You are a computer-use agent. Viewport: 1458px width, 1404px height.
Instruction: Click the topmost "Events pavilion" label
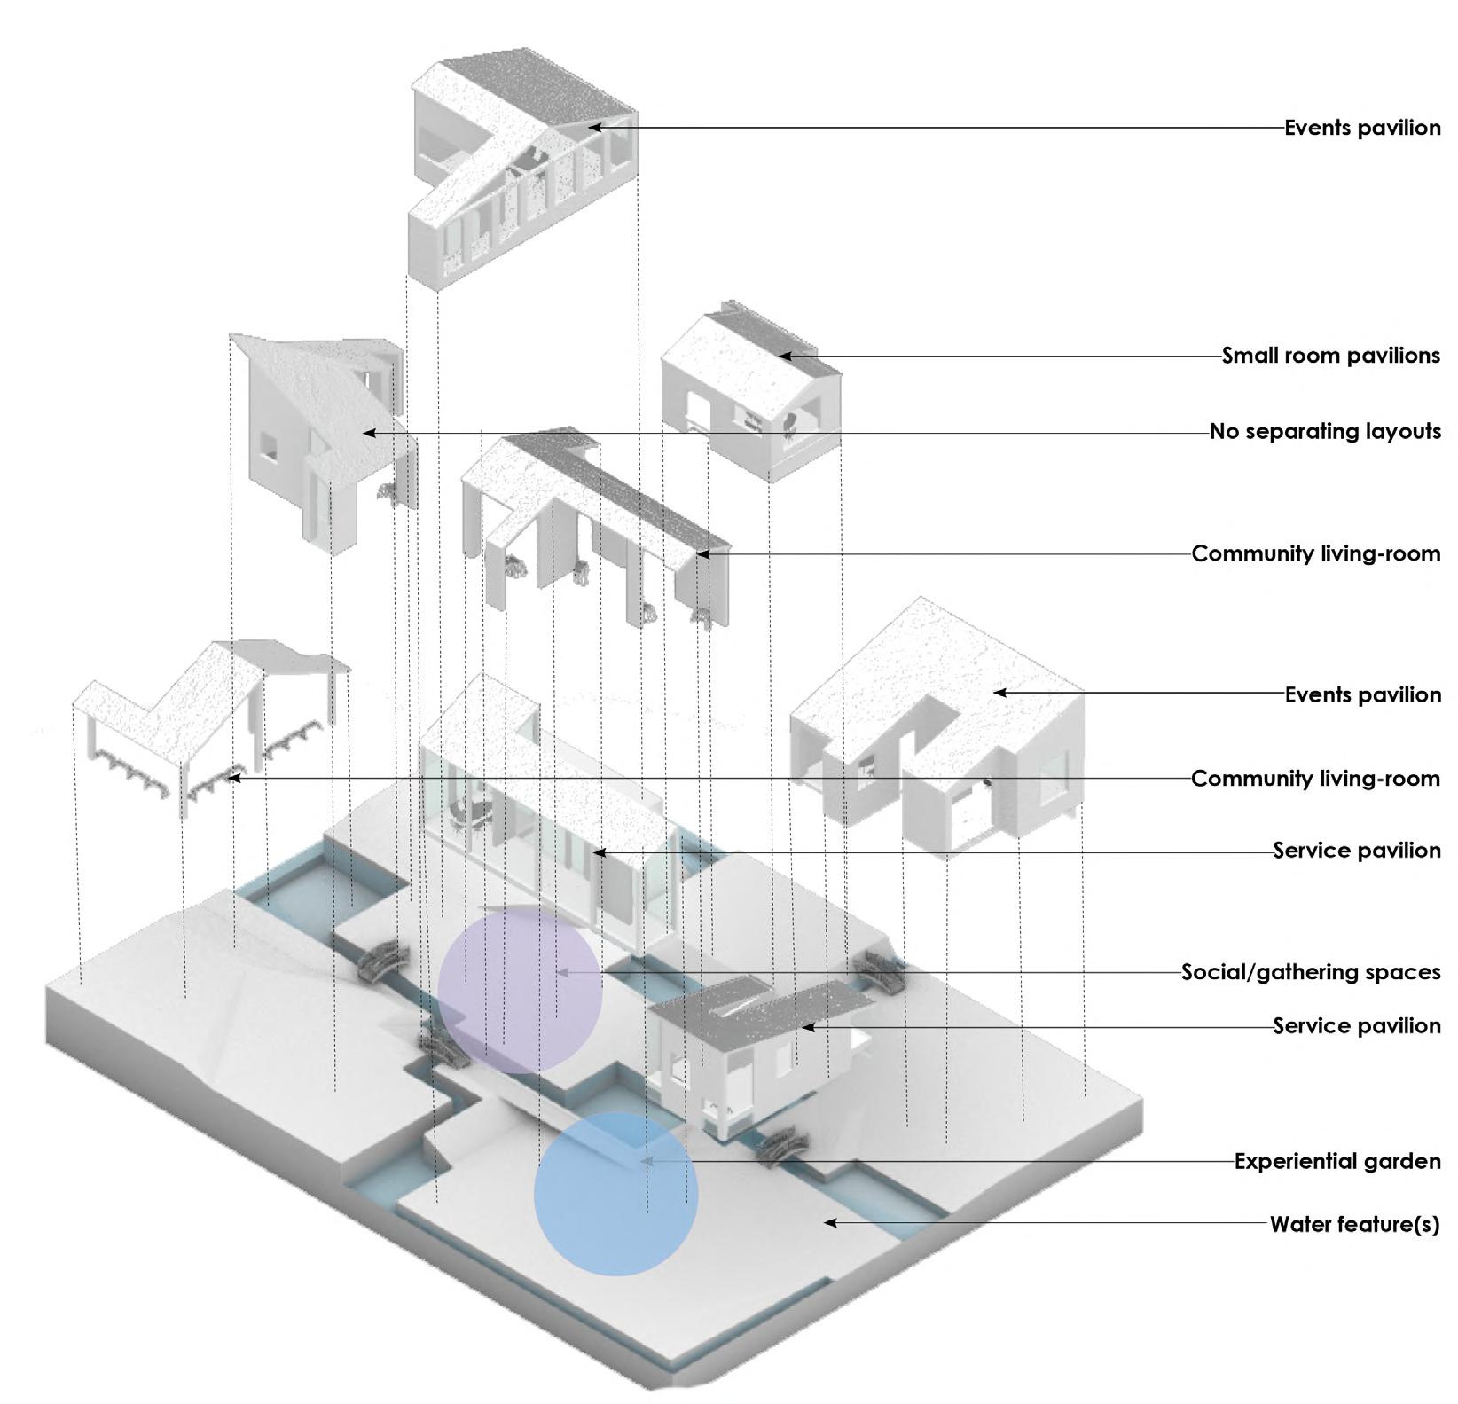[1362, 128]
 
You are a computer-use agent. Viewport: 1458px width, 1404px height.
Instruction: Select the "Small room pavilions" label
[1330, 356]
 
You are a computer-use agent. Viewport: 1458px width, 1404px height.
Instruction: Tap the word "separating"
[1303, 432]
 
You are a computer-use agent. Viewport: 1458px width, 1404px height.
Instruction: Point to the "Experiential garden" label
[1336, 1161]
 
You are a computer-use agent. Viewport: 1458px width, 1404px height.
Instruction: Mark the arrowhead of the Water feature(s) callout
[829, 1222]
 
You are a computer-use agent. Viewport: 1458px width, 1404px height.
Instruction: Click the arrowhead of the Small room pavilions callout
[783, 356]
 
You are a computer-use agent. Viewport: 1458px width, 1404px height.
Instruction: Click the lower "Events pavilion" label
[1362, 694]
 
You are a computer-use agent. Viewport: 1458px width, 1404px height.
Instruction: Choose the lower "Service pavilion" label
[1357, 1026]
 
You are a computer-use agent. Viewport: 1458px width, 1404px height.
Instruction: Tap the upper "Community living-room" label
[1315, 553]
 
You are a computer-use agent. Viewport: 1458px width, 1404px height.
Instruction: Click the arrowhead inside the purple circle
[560, 972]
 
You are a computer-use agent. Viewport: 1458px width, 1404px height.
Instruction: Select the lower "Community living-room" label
[1315, 779]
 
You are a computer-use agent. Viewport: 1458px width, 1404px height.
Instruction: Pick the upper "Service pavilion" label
[1357, 851]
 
